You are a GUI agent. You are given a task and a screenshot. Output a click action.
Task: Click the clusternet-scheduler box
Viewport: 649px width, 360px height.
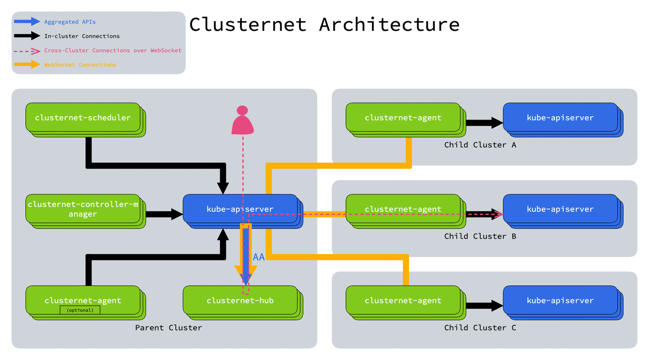pyautogui.click(x=83, y=117)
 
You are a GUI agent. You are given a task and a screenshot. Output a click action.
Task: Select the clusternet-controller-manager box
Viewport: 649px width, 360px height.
pyautogui.click(x=83, y=209)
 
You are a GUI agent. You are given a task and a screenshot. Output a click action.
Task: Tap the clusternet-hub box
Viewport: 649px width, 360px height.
pyautogui.click(x=240, y=301)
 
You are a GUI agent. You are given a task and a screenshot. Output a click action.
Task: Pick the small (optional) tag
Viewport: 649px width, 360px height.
pyautogui.click(x=80, y=310)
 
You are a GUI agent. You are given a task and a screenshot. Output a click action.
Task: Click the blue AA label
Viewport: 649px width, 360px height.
pyautogui.click(x=259, y=257)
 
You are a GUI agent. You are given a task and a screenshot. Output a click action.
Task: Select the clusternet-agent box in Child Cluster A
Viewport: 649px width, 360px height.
pyautogui.click(x=403, y=117)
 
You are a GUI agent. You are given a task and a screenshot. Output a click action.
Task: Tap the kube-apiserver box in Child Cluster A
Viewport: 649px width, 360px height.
pyautogui.click(x=560, y=117)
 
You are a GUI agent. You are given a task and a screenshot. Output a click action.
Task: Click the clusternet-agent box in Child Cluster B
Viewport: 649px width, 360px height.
pyautogui.click(x=403, y=209)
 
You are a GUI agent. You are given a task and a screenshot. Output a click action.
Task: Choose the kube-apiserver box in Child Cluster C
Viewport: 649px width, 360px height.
pyautogui.click(x=560, y=301)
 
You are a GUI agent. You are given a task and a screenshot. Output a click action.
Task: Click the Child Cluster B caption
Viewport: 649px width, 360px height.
pyautogui.click(x=480, y=236)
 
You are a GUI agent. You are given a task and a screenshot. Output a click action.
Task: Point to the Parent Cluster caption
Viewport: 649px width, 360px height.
pyautogui.click(x=168, y=328)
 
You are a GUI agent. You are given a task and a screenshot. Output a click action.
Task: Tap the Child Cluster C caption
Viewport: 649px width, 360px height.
pyautogui.click(x=480, y=328)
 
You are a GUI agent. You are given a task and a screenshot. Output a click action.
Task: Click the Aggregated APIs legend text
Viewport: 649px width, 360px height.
pyautogui.click(x=70, y=22)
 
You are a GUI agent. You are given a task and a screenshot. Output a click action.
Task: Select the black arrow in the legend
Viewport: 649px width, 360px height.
pyautogui.click(x=27, y=36)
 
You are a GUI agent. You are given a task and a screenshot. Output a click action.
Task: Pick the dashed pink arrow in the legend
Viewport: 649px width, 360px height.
pyautogui.click(x=27, y=50)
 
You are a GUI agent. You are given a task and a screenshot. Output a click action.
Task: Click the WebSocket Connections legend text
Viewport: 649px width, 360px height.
pyautogui.click(x=80, y=65)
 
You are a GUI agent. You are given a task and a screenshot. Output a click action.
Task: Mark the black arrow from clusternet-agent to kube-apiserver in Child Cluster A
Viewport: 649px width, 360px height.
pyautogui.click(x=484, y=123)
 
